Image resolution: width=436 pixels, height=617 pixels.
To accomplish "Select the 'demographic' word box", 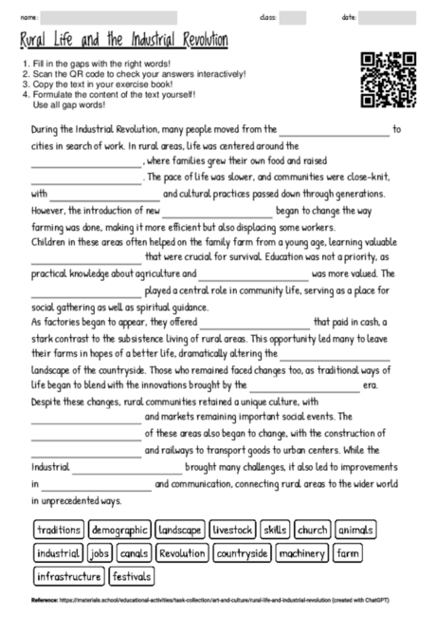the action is pyautogui.click(x=119, y=529).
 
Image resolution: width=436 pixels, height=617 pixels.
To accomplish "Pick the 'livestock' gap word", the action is pyautogui.click(x=233, y=529).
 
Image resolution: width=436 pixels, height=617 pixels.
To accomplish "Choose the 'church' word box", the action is pyautogui.click(x=311, y=529).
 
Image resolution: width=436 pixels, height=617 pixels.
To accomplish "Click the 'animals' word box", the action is pyautogui.click(x=355, y=529).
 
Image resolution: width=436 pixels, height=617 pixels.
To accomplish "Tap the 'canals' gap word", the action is pyautogui.click(x=132, y=552).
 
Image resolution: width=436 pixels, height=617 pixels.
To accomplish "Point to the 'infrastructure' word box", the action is pyautogui.click(x=68, y=576).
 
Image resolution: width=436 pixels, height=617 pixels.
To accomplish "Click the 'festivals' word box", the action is pyautogui.click(x=131, y=576).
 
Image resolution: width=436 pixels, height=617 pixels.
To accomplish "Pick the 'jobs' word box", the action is pyautogui.click(x=99, y=552).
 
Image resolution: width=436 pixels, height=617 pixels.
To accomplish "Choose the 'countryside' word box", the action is pyautogui.click(x=242, y=552).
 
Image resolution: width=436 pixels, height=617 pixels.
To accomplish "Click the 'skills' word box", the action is pyautogui.click(x=275, y=529).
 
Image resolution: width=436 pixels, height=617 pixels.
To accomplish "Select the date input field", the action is pyautogui.click(x=389, y=17).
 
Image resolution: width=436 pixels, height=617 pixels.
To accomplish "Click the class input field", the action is pyautogui.click(x=293, y=17).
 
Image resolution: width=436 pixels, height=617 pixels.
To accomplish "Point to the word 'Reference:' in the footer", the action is pyautogui.click(x=45, y=601).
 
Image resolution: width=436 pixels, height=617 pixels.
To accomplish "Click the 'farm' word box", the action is pyautogui.click(x=348, y=552).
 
